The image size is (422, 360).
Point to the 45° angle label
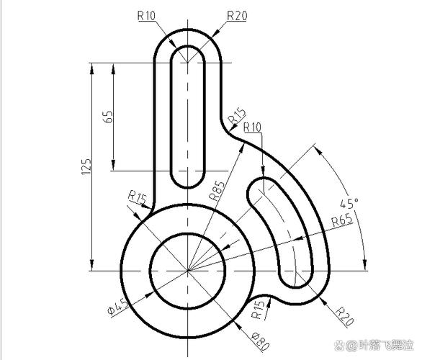[x=349, y=203]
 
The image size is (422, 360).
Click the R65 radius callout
[x=343, y=221]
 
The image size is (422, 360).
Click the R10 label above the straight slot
[x=147, y=14]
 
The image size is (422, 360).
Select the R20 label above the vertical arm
[x=237, y=14]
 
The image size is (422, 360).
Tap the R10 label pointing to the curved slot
[x=253, y=127]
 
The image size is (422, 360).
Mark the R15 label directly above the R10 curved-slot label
[x=236, y=115]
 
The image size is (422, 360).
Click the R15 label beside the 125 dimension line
[x=137, y=197]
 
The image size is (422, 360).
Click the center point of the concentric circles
[x=188, y=271]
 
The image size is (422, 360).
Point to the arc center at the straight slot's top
[x=188, y=63]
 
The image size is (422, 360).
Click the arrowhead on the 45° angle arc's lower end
[x=365, y=266]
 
